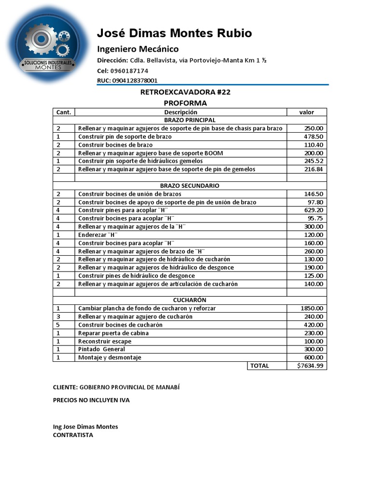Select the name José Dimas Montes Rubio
click(x=174, y=33)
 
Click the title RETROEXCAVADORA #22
click(x=185, y=93)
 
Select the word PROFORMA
click(x=185, y=103)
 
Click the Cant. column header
click(x=64, y=112)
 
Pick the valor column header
click(x=306, y=112)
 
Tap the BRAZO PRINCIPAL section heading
click(x=190, y=120)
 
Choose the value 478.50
click(x=314, y=137)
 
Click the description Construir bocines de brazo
click(x=115, y=145)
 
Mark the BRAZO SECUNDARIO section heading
click(x=190, y=185)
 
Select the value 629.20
click(x=314, y=210)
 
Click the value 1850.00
click(x=312, y=308)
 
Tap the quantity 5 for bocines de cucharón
click(x=58, y=325)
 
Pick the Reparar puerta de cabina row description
click(x=114, y=333)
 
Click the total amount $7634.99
click(x=312, y=366)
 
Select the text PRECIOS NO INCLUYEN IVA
click(x=91, y=400)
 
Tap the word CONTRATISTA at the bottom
click(x=73, y=435)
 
